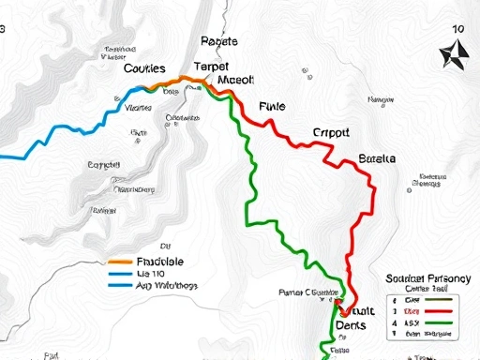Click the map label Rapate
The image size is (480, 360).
point(219,41)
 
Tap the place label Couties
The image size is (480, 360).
point(144,68)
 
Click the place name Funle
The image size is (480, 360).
point(271,107)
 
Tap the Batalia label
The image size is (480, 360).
point(377,158)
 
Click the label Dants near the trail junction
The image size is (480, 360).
point(355,323)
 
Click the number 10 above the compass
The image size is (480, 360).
point(457,29)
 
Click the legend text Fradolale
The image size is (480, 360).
point(160,262)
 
